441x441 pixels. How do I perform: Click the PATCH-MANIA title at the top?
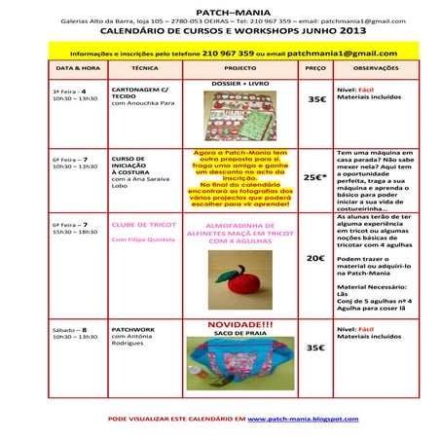point(221,10)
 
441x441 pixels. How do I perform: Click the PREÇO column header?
point(315,70)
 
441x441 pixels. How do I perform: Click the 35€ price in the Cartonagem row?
point(316,99)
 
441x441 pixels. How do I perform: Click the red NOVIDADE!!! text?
point(240,325)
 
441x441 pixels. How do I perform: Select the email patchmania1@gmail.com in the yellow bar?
point(342,54)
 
